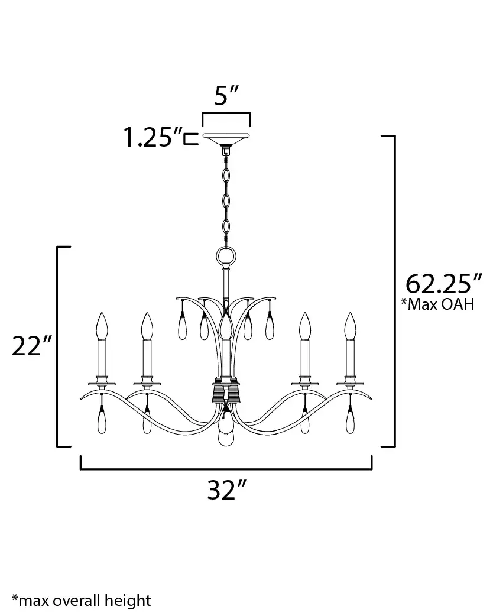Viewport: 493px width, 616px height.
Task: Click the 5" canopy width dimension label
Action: [x=226, y=95]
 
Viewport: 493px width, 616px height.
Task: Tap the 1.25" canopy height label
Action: [x=153, y=138]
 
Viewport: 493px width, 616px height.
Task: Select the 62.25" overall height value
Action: [x=443, y=283]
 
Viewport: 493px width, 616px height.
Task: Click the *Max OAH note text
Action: [x=437, y=304]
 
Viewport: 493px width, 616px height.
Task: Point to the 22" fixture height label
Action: [x=32, y=346]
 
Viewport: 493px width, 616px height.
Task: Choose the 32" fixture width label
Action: [x=226, y=489]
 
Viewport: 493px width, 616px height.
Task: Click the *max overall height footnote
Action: [x=82, y=600]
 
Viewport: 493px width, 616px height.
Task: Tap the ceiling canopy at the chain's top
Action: [x=226, y=139]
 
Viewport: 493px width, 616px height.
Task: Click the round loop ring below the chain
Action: [x=226, y=257]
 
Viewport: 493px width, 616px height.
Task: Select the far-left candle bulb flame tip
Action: [x=102, y=313]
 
